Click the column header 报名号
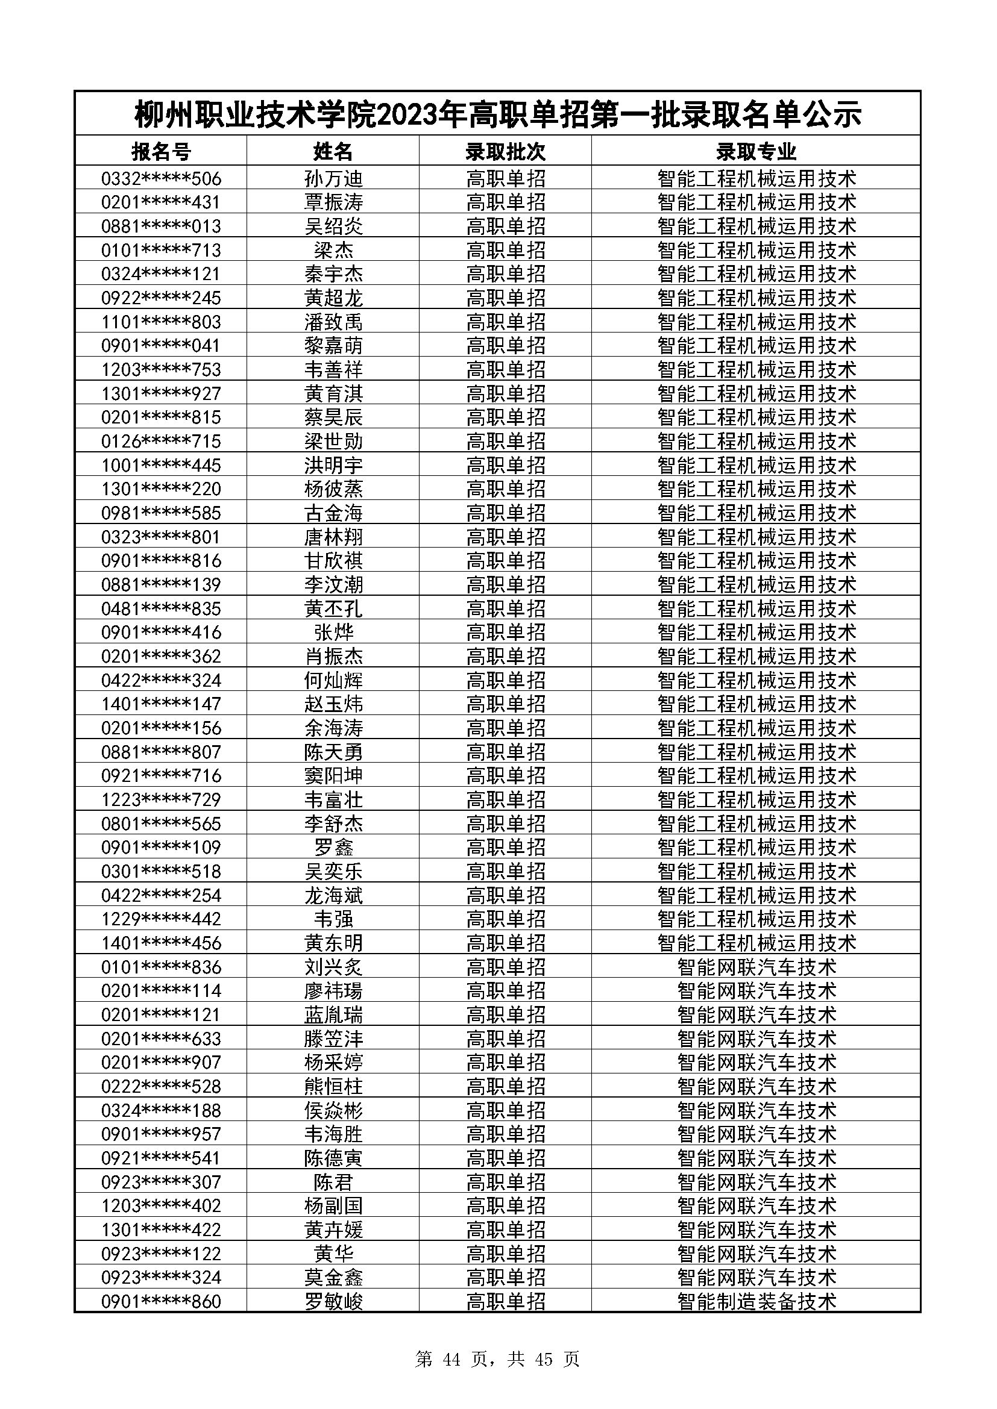tap(161, 151)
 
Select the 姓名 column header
tap(333, 151)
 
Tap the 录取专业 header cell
tap(756, 151)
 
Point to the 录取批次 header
tap(505, 151)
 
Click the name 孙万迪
tap(333, 178)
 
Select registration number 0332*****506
tap(161, 178)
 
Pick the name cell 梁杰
tap(333, 251)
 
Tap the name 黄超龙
tap(333, 298)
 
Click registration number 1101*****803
tap(161, 322)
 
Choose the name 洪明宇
tap(333, 465)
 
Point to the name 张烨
tap(333, 633)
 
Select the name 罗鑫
tap(333, 848)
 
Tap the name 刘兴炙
tap(333, 967)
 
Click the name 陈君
tap(333, 1182)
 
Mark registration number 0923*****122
tap(161, 1254)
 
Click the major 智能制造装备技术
tap(756, 1302)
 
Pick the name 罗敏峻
tap(333, 1302)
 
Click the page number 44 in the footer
tap(451, 1359)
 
